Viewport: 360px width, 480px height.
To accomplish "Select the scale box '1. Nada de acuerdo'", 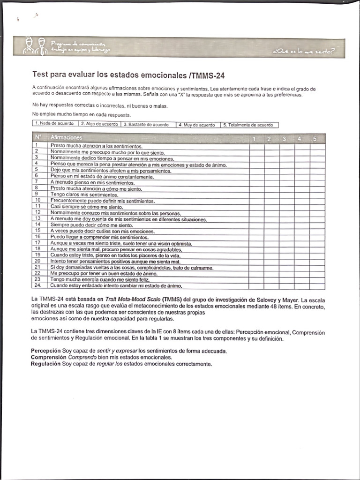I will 55,125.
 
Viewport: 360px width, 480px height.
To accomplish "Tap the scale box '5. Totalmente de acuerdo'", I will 249,125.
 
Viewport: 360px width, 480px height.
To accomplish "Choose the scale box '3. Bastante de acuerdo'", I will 148,125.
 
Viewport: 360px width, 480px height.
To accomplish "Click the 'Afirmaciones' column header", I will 67,138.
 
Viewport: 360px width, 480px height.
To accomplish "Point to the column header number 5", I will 315,139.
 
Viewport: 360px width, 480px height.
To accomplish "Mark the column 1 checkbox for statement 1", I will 256,146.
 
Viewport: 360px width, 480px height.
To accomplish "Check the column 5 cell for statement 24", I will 317,285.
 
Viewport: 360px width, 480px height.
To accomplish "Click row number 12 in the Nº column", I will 39,212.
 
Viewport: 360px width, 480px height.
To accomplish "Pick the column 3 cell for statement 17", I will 287,243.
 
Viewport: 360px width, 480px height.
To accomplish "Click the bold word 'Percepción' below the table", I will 46,351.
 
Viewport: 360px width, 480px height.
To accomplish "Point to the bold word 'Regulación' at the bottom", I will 46,363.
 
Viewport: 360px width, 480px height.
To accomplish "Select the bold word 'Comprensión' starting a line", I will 48,357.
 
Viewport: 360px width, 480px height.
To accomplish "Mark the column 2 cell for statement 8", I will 272,188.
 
